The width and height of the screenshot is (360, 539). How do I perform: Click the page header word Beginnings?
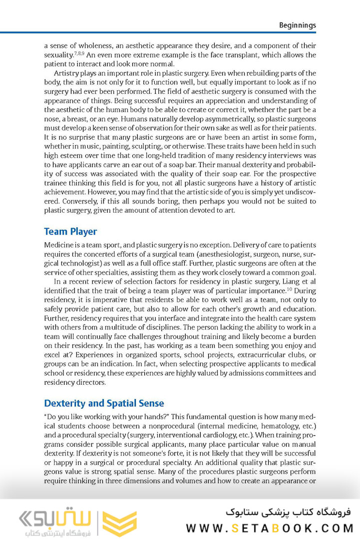297,25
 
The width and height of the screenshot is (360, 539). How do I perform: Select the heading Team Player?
70,232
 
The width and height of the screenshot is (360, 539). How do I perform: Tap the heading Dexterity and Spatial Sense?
104,403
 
